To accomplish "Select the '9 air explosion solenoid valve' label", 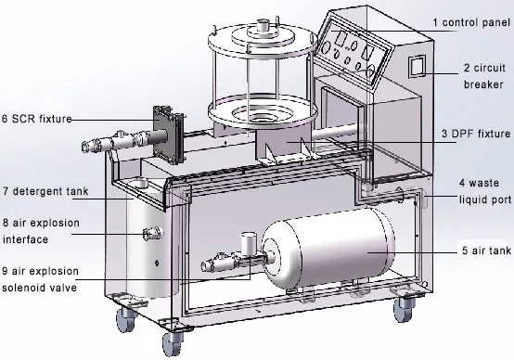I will click(x=44, y=279).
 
